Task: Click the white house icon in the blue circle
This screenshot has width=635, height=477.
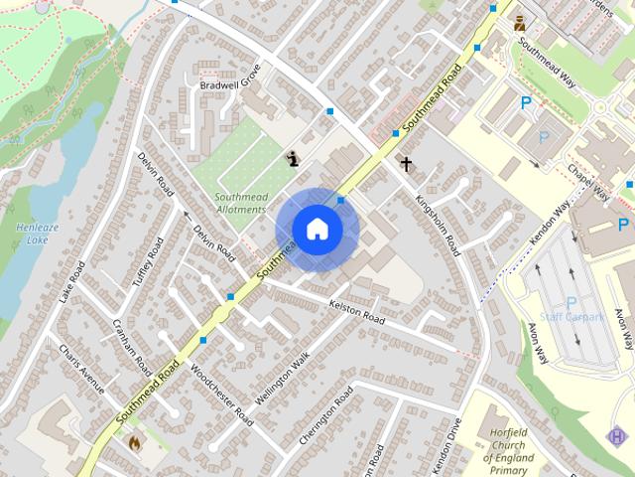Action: point(317,229)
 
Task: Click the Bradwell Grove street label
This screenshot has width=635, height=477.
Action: point(229,79)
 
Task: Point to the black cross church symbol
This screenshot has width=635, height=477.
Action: point(405,162)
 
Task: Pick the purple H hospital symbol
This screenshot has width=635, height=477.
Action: point(618,435)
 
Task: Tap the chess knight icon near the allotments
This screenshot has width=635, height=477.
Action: point(293,156)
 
